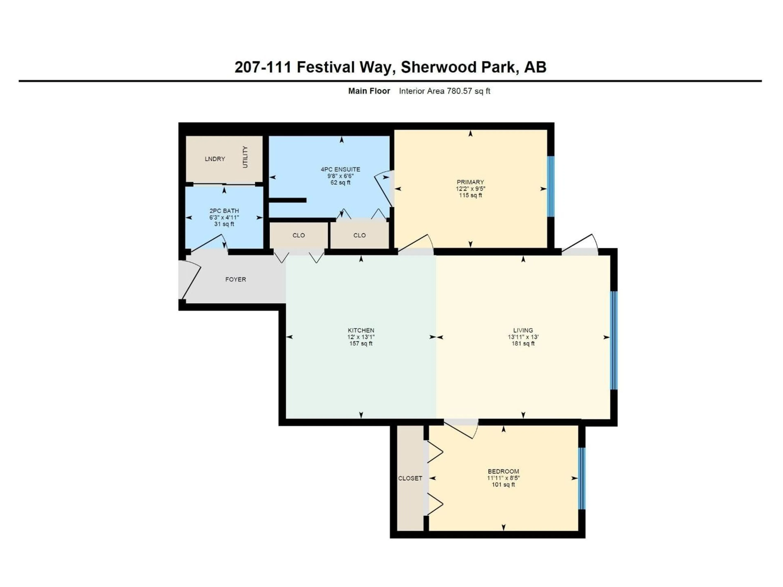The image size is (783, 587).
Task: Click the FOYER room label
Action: pos(235,279)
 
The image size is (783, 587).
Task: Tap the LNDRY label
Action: pos(215,159)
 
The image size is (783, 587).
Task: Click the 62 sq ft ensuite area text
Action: pos(340,183)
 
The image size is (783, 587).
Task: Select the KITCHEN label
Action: pos(361,330)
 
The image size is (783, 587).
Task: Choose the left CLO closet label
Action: pos(298,235)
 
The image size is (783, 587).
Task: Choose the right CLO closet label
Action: pos(359,235)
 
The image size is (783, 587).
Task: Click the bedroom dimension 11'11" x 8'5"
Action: pos(503,478)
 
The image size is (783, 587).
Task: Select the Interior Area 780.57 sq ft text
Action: pos(444,91)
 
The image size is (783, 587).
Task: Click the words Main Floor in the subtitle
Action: pos(369,91)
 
